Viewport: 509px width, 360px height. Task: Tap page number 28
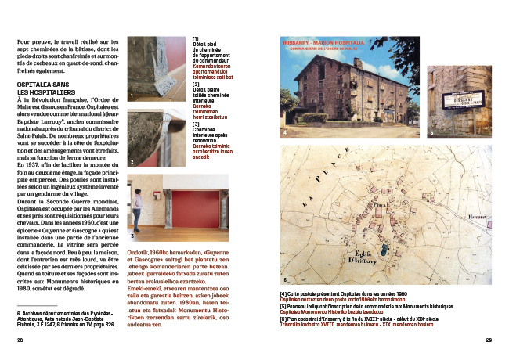tap(20, 340)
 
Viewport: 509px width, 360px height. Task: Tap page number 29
tap(488, 340)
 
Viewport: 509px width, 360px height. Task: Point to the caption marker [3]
tap(196, 123)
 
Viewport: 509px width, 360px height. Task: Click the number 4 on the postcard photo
tap(285, 133)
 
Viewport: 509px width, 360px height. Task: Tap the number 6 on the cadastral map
tap(286, 278)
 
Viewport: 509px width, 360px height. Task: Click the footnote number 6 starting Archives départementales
tap(18, 313)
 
